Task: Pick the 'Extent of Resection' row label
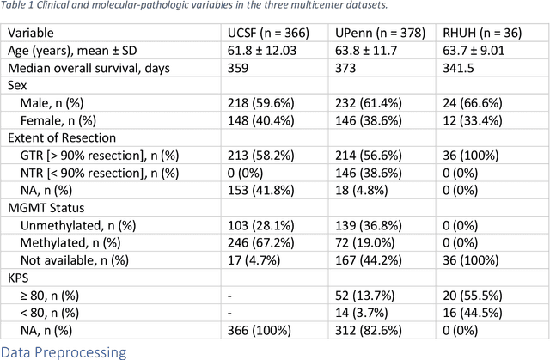point(62,137)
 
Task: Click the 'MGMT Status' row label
point(46,209)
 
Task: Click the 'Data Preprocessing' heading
point(64,351)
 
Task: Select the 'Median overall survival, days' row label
point(89,68)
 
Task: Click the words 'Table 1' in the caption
point(20,8)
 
